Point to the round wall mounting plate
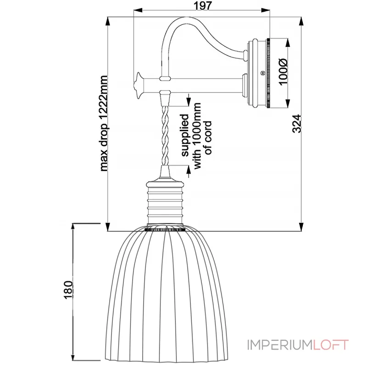[x=259, y=73]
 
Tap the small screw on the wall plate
[x=262, y=72]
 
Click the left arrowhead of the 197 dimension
[x=136, y=10]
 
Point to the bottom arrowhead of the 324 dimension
[x=301, y=227]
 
